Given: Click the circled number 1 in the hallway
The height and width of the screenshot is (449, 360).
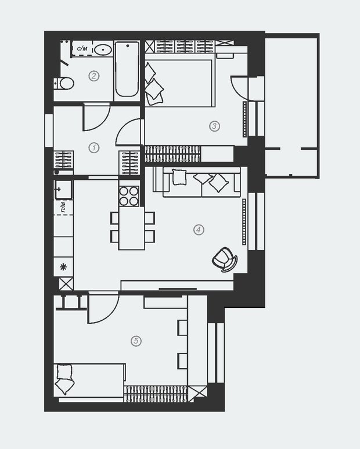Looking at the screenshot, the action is (x=93, y=148).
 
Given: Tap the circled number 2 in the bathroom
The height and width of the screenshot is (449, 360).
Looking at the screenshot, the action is (x=93, y=76).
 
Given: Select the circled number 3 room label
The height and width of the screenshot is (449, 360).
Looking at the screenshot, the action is (x=214, y=126).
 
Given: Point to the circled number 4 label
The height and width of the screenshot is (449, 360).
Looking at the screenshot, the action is (x=199, y=229).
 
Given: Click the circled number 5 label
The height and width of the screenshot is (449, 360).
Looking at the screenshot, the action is (x=136, y=341).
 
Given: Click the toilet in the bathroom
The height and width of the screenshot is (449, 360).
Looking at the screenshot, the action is (x=64, y=84).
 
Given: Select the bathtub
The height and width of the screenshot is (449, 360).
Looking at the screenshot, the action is (x=127, y=70).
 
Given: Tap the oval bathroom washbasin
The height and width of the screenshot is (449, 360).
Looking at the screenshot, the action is (x=103, y=50).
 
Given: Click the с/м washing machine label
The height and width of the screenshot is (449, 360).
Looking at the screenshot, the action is (x=82, y=48).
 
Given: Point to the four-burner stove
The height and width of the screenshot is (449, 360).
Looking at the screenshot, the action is (x=129, y=196).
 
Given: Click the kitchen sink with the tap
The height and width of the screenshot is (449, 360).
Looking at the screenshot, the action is (x=63, y=190).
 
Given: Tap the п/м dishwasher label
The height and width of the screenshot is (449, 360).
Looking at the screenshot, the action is (x=63, y=207).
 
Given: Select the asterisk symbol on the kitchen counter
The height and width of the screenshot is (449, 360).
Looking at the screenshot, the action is (x=63, y=267).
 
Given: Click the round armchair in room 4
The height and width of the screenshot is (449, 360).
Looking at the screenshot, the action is (x=225, y=260).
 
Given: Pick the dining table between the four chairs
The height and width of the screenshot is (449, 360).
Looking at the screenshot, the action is (x=132, y=228).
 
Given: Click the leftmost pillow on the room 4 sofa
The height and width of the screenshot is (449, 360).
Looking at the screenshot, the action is (x=179, y=177).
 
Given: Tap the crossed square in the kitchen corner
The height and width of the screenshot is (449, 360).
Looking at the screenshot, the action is (x=66, y=284).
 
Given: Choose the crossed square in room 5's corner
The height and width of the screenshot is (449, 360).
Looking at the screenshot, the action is (x=197, y=392).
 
